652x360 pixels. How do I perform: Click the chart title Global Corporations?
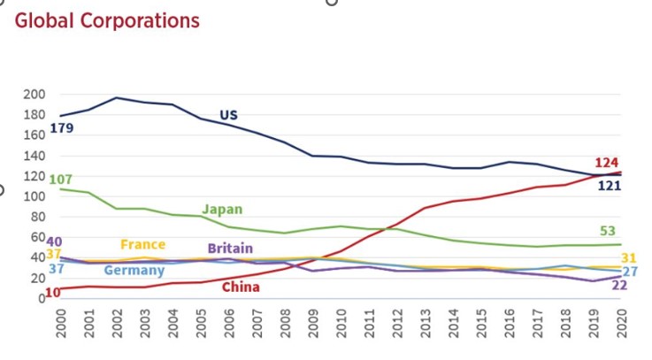click(x=107, y=20)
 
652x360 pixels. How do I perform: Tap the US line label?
click(x=228, y=115)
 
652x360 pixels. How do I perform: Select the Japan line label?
click(x=222, y=210)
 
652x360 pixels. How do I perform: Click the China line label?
click(x=241, y=287)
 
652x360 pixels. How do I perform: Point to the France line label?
click(x=142, y=244)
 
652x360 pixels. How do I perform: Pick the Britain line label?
click(x=232, y=249)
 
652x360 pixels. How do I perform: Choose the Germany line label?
click(x=134, y=270)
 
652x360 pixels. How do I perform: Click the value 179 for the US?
click(x=61, y=128)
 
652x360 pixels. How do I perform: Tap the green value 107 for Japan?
click(x=61, y=180)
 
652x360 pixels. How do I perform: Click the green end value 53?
click(x=608, y=232)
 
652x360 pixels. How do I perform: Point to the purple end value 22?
click(x=619, y=285)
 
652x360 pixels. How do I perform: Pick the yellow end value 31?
click(x=629, y=258)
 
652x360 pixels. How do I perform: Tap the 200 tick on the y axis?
click(x=34, y=94)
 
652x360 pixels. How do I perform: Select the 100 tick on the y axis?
click(x=34, y=196)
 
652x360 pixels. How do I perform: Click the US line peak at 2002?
click(x=115, y=97)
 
